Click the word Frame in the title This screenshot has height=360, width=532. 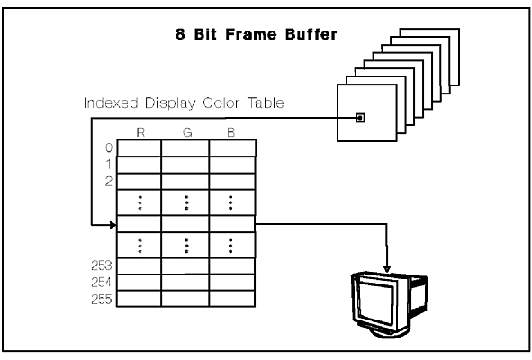point(251,34)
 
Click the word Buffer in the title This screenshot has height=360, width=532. point(311,34)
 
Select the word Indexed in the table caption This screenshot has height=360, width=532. point(111,103)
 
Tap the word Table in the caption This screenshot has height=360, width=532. point(266,103)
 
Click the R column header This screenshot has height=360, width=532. point(140,132)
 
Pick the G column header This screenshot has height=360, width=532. point(187,132)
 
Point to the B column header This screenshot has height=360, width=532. point(231,132)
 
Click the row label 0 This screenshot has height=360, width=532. point(109,148)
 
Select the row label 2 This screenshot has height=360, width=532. point(109,182)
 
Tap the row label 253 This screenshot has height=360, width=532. point(102,265)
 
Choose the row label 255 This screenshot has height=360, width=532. point(102,300)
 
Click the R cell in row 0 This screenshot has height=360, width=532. point(140,148)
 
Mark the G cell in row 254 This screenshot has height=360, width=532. point(185,283)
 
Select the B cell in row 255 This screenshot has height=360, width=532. point(232,299)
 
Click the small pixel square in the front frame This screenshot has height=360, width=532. point(360,118)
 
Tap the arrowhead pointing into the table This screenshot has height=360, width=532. point(113,224)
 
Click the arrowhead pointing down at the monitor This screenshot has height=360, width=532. point(387,269)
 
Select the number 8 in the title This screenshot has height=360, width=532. point(181,34)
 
